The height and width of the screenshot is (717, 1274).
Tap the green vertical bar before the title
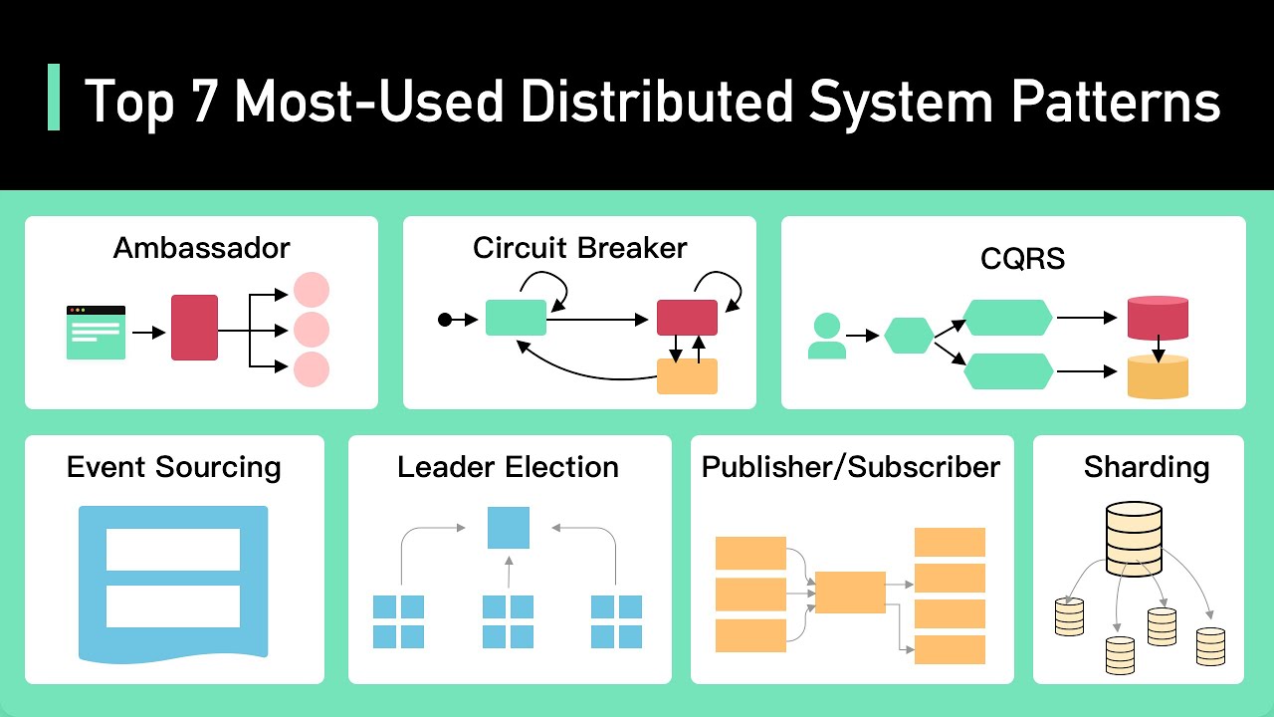click(54, 98)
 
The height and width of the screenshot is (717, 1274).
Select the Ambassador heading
click(201, 247)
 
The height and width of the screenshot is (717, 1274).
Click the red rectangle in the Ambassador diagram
click(194, 328)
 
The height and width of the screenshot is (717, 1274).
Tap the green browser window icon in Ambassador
click(96, 332)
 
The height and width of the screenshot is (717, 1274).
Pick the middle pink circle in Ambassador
click(312, 330)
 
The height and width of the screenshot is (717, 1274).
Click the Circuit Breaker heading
click(579, 247)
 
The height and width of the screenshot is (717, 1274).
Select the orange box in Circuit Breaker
click(687, 375)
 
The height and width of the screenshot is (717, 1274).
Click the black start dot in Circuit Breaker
click(445, 320)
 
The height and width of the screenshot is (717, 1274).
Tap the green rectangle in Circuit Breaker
click(516, 318)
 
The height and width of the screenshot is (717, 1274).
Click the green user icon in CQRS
click(826, 337)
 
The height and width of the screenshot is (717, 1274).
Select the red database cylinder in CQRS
click(1158, 318)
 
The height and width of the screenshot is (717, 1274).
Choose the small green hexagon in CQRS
click(909, 336)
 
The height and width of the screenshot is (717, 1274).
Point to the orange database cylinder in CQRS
click(1158, 376)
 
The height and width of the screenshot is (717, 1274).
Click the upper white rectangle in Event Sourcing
click(173, 549)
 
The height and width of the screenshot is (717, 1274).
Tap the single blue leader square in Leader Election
click(508, 528)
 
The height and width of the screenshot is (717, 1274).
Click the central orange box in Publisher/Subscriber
click(850, 593)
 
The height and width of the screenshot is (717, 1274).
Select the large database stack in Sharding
click(1134, 539)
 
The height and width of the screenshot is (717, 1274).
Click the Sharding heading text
click(1147, 467)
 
